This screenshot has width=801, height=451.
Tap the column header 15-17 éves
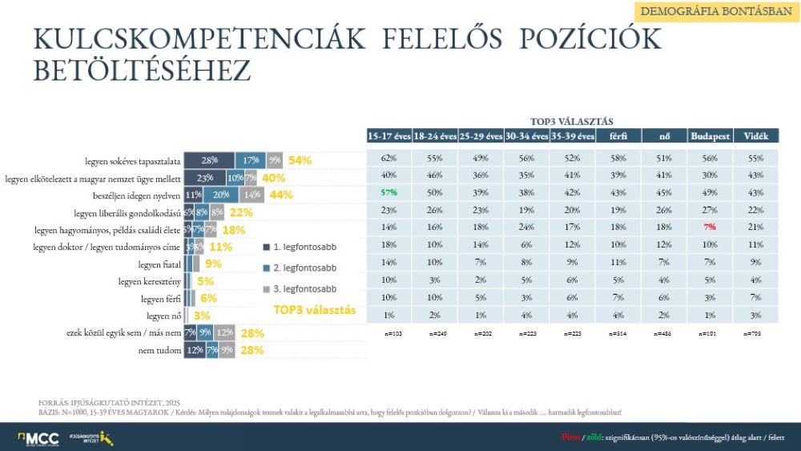[x=388, y=136]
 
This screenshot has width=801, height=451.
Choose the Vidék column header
[x=755, y=136]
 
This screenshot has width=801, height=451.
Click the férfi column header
[x=618, y=136]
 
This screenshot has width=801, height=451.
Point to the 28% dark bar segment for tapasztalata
[x=210, y=159]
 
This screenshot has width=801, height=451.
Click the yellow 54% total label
[x=300, y=160]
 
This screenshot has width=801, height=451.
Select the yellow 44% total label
[x=280, y=195]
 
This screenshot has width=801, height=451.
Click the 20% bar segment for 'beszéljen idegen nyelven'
[x=222, y=195]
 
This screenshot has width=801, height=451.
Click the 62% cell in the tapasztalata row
[x=388, y=159]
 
